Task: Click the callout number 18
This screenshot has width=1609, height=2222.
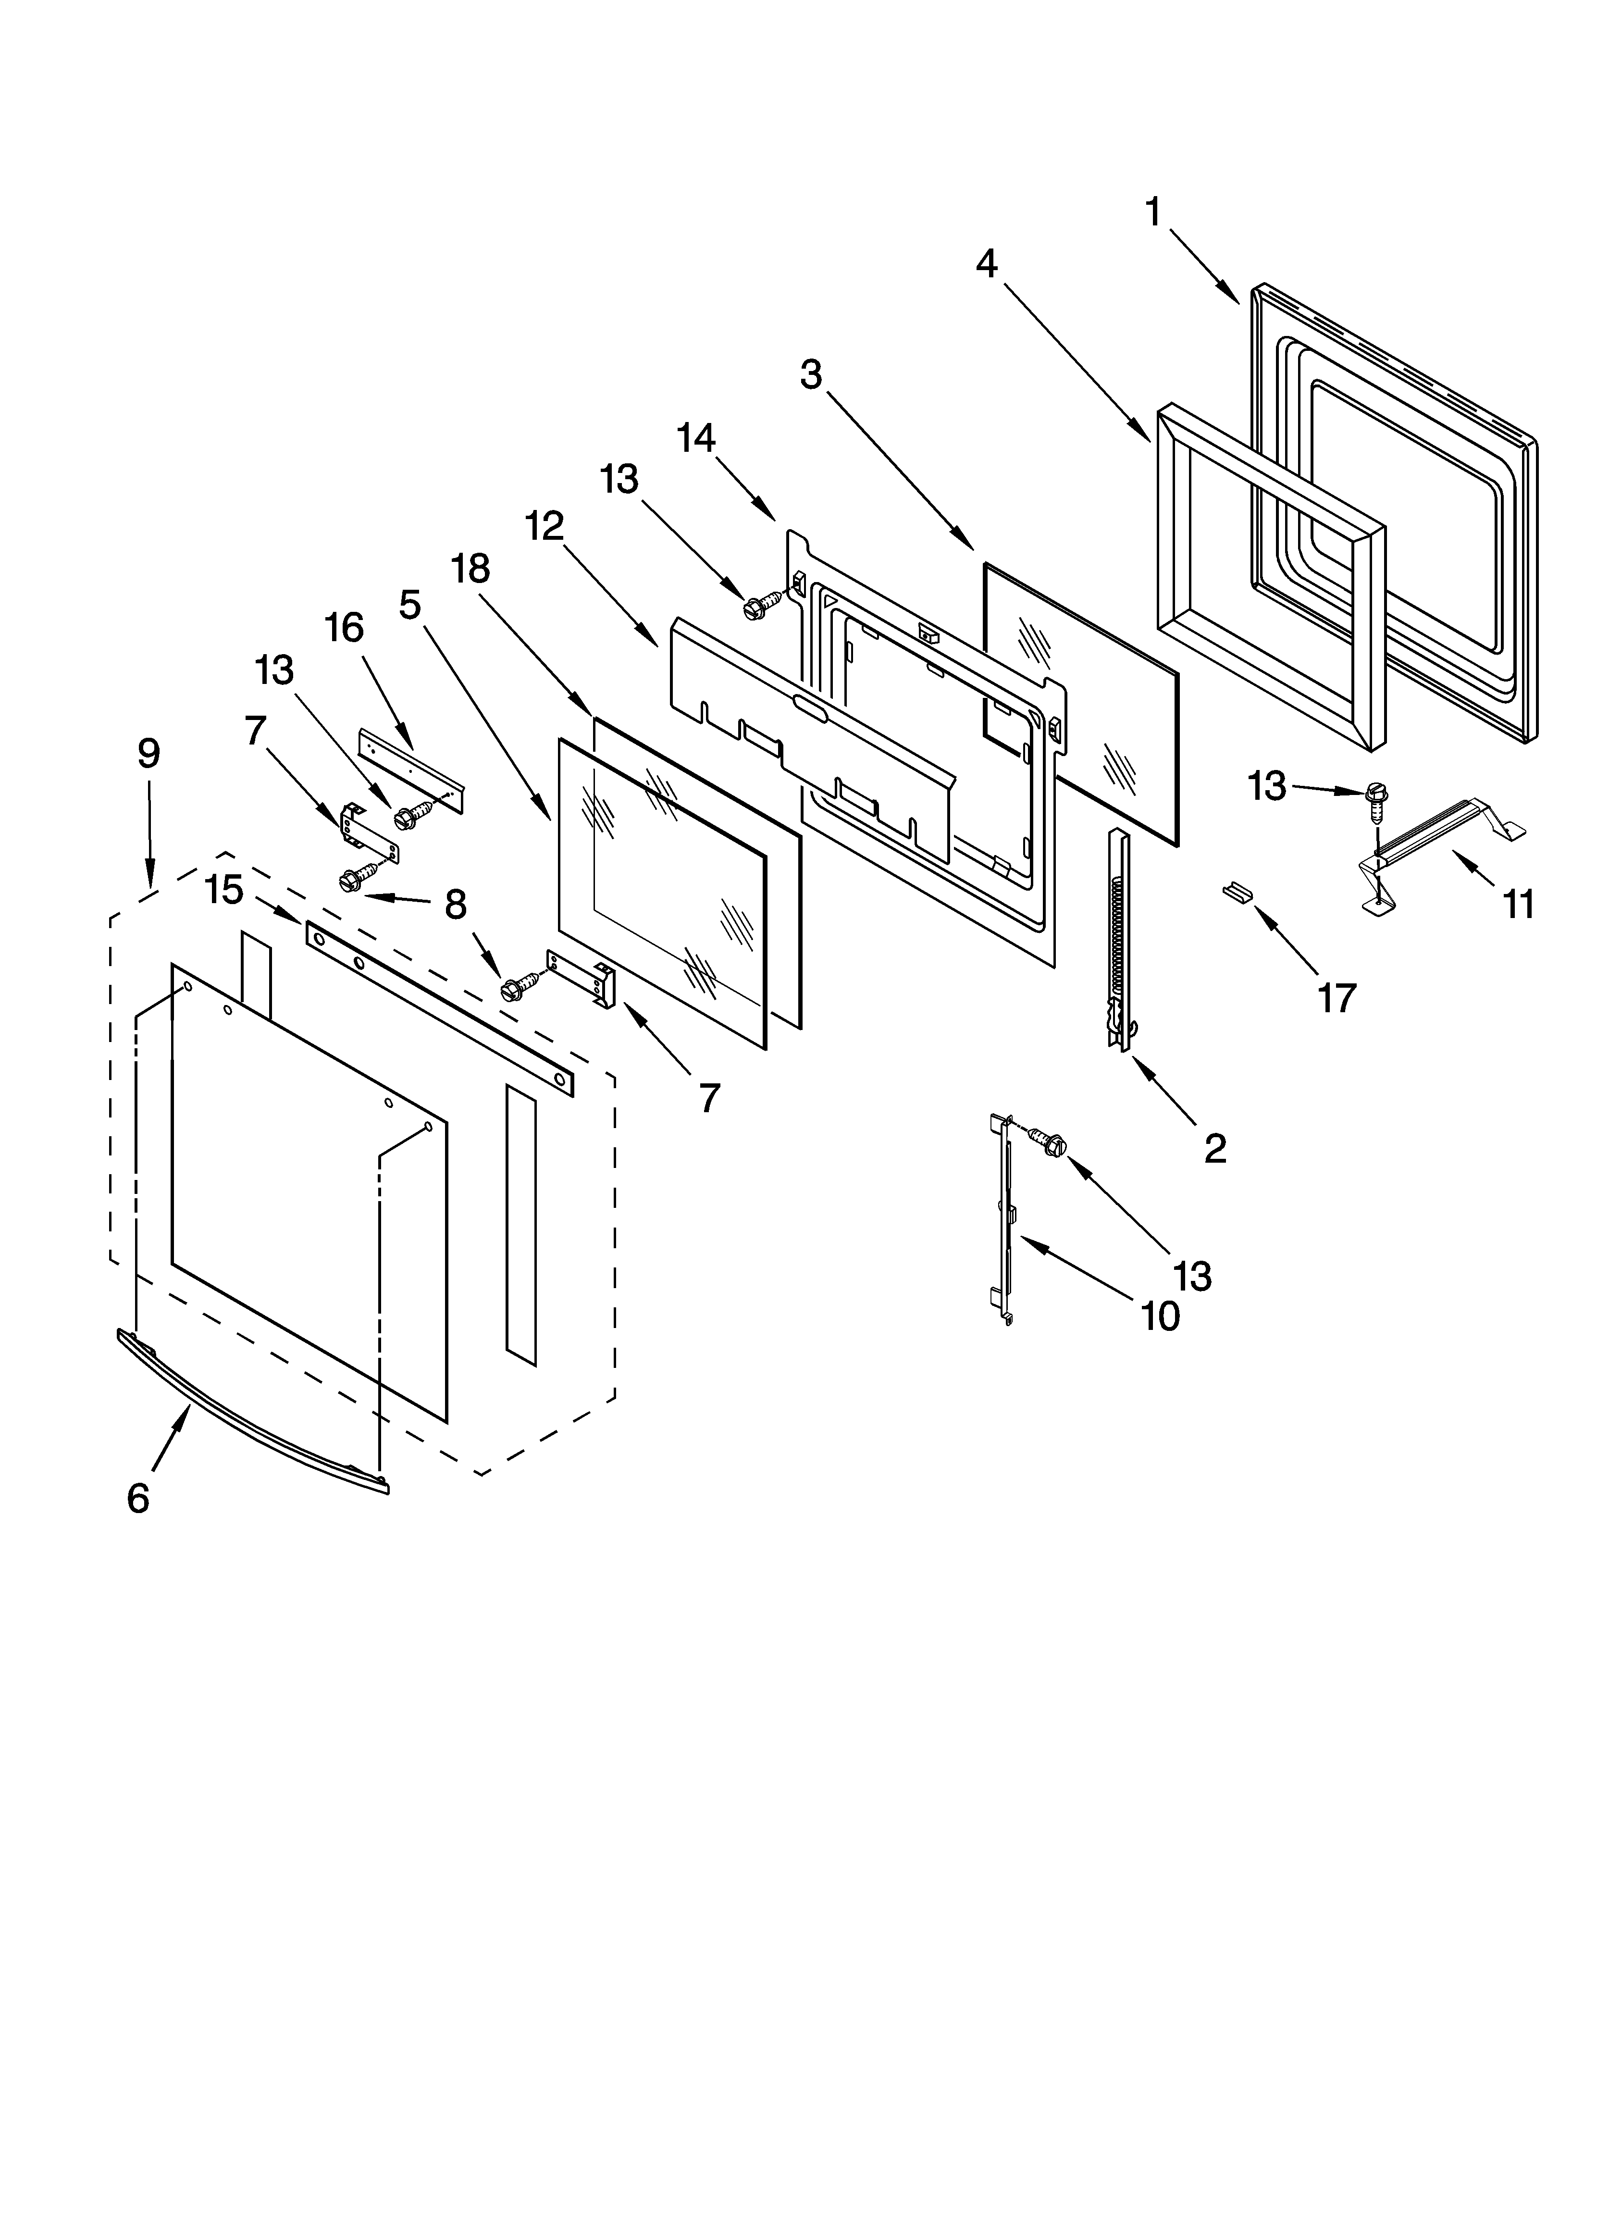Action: click(470, 568)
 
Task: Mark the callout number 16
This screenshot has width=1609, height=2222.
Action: click(344, 627)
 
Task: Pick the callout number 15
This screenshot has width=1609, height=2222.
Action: click(224, 890)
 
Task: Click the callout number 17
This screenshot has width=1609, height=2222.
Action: click(1337, 997)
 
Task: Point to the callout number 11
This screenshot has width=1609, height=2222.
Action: click(1518, 904)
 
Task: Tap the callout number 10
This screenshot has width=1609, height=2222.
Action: click(1160, 1316)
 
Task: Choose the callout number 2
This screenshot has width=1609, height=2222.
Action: click(1215, 1148)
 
